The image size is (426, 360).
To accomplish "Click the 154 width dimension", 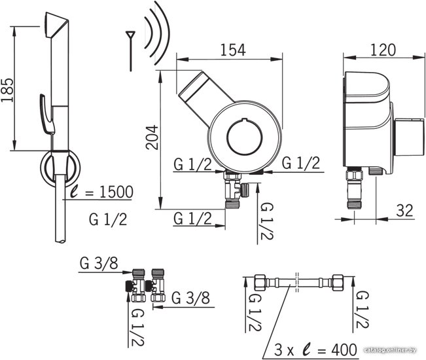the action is (x=233, y=50).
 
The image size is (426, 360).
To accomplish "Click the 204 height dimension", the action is (x=152, y=137).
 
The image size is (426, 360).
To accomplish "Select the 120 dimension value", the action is (x=383, y=50).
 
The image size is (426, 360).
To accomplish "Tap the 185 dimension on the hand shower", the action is (x=7, y=90).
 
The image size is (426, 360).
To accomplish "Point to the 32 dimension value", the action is (x=404, y=210).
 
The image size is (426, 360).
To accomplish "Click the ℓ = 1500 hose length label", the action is (x=101, y=192).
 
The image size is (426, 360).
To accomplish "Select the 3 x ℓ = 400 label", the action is (x=315, y=350).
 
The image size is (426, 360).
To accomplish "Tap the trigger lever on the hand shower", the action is (x=46, y=114).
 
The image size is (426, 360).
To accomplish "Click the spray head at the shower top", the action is (x=56, y=25).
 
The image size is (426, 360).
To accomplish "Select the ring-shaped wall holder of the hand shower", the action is (x=60, y=168).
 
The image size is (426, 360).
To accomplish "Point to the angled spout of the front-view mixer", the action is (x=205, y=98).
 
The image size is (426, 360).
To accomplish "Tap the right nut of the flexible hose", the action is (x=338, y=283).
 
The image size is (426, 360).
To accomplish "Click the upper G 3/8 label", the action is (x=99, y=263).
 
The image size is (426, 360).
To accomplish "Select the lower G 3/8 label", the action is (x=190, y=298).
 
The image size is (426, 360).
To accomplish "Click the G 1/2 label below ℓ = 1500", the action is (x=108, y=219).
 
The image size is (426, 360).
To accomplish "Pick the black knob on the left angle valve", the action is (x=128, y=286).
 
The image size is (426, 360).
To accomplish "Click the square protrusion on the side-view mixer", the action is (x=408, y=137).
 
